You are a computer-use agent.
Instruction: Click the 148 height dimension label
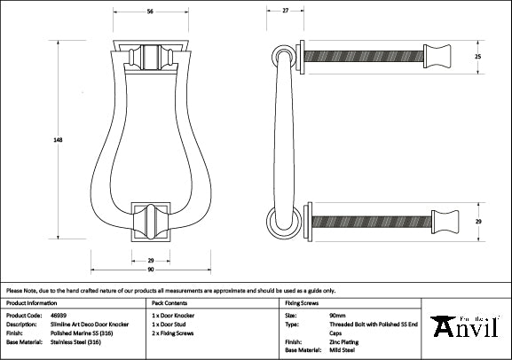(57, 139)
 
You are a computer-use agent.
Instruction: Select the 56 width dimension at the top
(150, 11)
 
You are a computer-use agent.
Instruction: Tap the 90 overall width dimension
(150, 270)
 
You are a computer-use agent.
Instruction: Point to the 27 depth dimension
(286, 11)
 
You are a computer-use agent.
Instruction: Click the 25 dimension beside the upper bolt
(477, 57)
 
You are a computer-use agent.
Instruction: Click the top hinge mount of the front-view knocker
(149, 57)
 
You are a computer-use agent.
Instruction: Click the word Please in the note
(16, 290)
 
